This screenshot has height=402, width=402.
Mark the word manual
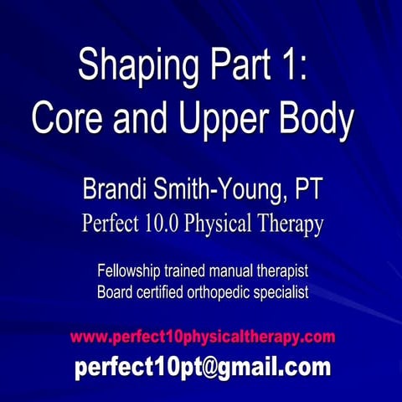[233, 272]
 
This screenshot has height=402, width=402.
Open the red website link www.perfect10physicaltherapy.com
[203, 337]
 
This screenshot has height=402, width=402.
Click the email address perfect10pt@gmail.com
[203, 367]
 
